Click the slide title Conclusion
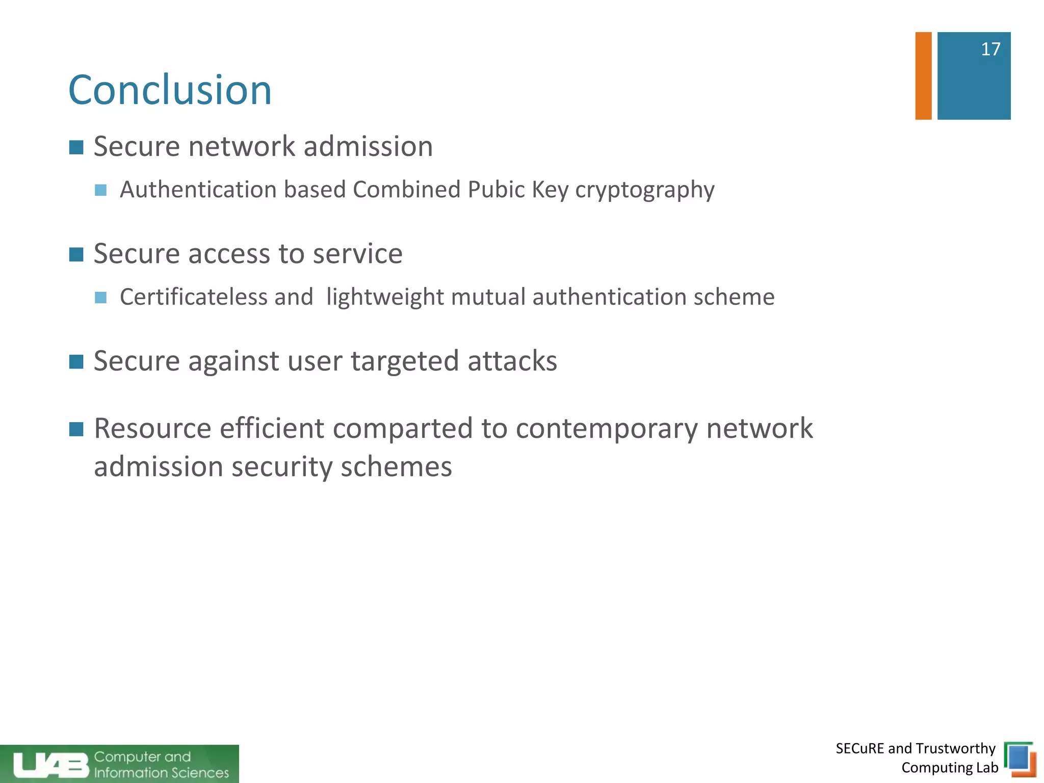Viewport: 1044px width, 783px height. (x=170, y=90)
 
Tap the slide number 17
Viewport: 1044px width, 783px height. (x=990, y=49)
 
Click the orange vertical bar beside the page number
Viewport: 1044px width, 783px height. (x=923, y=76)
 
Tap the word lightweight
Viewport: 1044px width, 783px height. (x=385, y=297)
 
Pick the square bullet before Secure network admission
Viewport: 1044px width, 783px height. (x=76, y=147)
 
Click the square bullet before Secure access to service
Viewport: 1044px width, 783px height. (x=76, y=254)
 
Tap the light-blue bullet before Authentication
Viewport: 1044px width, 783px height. (x=101, y=190)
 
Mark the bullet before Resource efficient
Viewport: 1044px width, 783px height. (x=76, y=429)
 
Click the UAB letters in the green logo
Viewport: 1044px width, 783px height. (x=50, y=765)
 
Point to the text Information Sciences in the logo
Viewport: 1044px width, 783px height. (x=162, y=773)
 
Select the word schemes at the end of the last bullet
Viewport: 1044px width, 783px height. (x=396, y=467)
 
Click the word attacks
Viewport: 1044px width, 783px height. (x=512, y=361)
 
